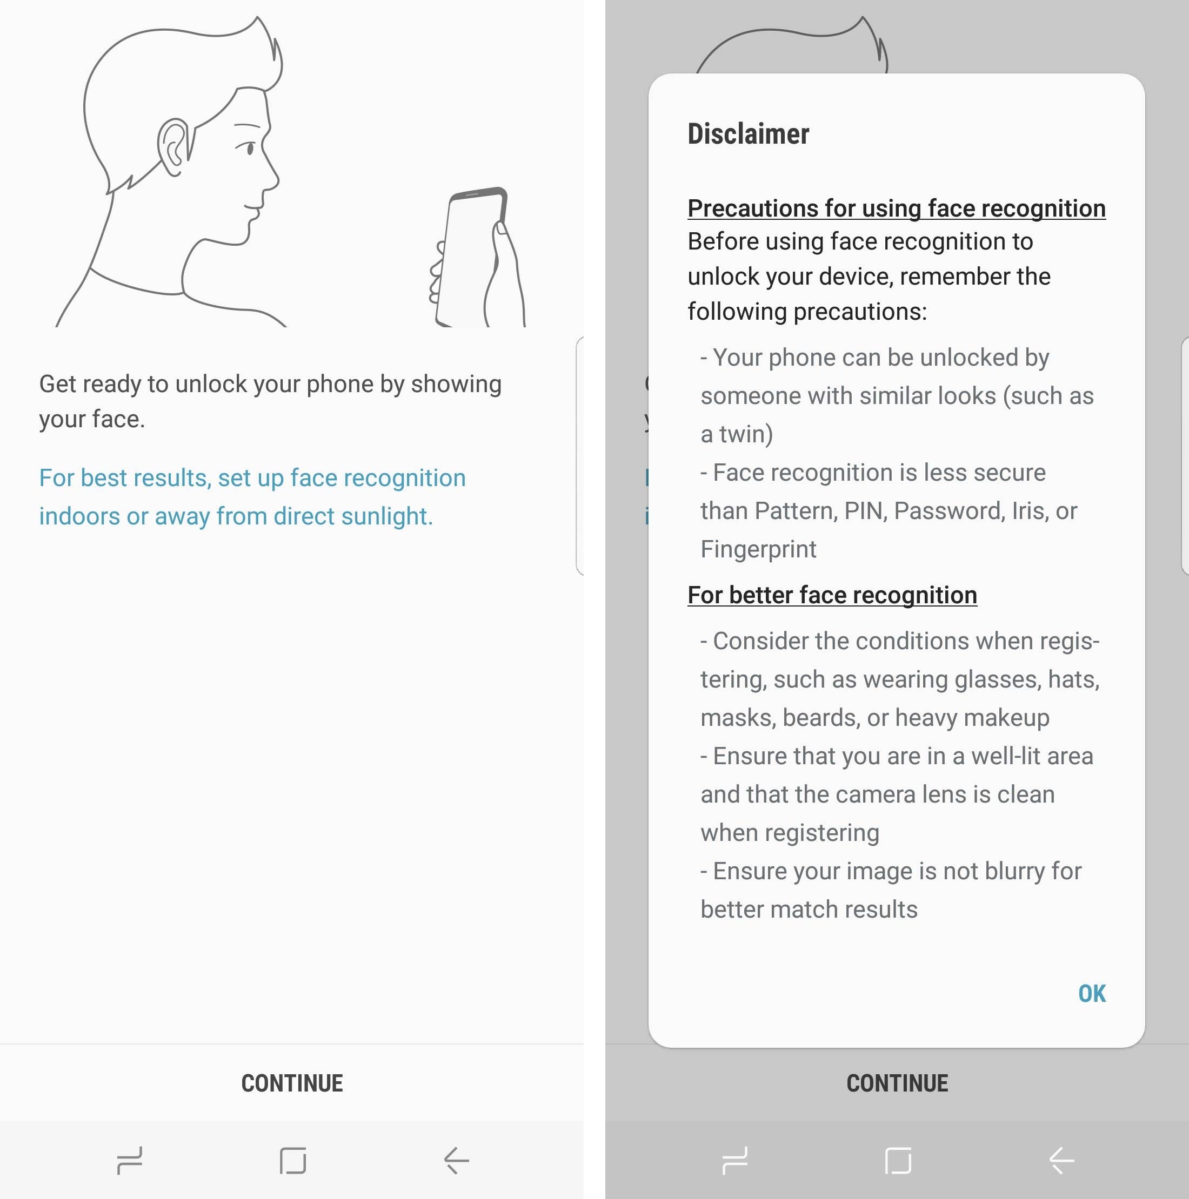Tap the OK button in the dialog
[x=1092, y=994]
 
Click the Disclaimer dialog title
[x=748, y=134]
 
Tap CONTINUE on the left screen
[x=292, y=1083]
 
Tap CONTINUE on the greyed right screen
[x=897, y=1083]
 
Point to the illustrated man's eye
[x=250, y=149]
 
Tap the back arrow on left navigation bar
[x=456, y=1161]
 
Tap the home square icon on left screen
[x=293, y=1161]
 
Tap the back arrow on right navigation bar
[x=1061, y=1161]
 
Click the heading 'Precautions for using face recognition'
[x=896, y=208]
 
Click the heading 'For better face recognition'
[x=832, y=595]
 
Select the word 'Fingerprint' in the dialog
[x=758, y=549]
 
